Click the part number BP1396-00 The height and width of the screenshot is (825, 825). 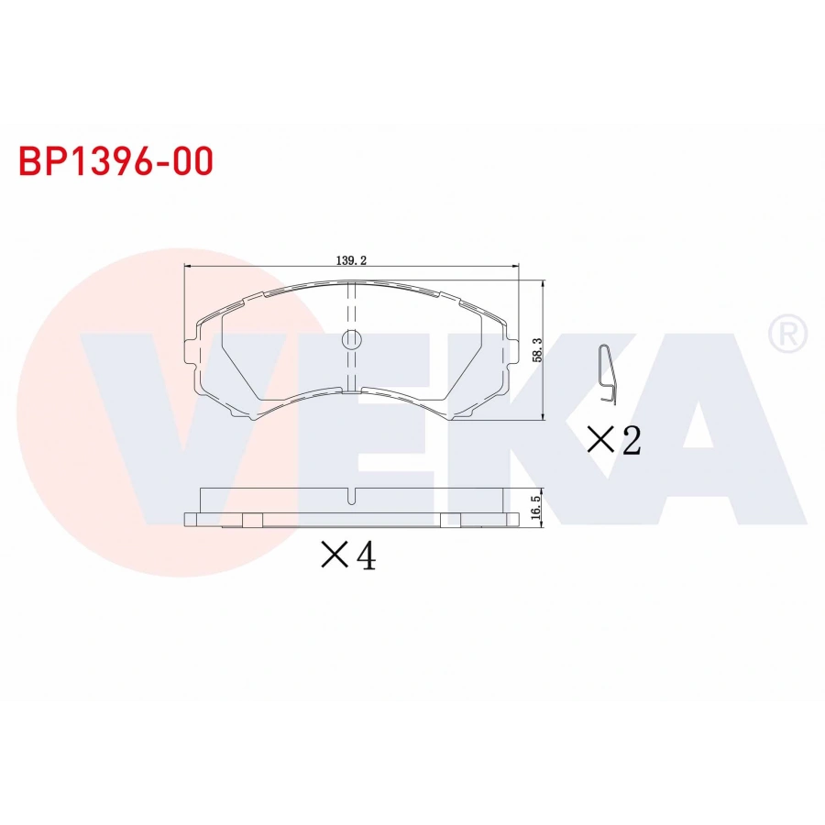click(116, 161)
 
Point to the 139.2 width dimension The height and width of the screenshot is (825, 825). click(351, 260)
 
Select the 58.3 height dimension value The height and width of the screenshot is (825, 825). click(537, 349)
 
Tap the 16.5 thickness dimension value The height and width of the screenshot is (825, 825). click(537, 506)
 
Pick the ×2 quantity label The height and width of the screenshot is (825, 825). click(613, 441)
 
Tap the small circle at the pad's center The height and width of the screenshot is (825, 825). click(352, 340)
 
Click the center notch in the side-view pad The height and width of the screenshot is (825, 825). click(352, 498)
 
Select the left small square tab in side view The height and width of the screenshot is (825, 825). click(252, 521)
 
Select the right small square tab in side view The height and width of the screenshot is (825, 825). click(450, 521)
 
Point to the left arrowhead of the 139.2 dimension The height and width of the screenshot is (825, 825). click(189, 267)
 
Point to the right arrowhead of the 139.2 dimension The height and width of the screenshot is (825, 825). click(515, 267)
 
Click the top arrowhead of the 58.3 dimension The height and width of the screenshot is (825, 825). click(544, 284)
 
